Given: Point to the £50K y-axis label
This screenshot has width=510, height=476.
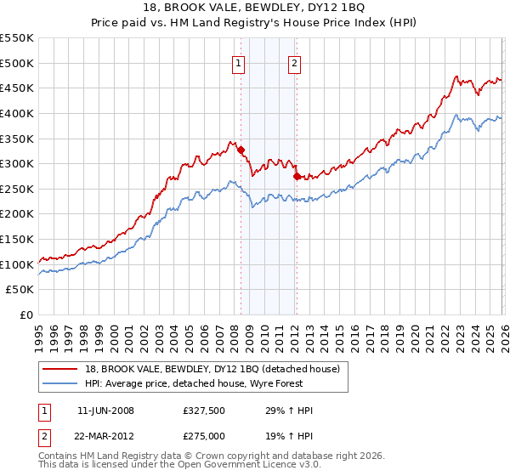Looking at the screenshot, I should (x=20, y=290).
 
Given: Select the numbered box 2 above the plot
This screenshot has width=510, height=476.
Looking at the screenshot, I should (x=294, y=62).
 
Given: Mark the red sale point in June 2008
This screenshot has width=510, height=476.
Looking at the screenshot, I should (x=241, y=150).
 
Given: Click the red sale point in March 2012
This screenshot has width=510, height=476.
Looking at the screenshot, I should (x=297, y=176).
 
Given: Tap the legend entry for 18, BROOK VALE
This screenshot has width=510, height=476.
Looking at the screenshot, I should (x=212, y=369).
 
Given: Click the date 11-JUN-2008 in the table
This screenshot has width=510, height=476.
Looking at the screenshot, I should (x=105, y=411).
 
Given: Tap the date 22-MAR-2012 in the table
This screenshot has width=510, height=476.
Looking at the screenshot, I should (x=105, y=436).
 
